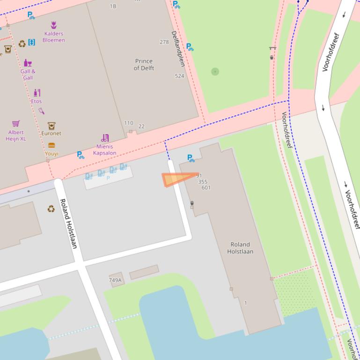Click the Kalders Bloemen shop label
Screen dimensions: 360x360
coord(53,37)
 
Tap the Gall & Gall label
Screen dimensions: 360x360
coord(28,74)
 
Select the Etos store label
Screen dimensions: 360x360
coord(37,101)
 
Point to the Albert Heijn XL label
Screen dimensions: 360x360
coord(15,136)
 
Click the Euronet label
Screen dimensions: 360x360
coord(51,133)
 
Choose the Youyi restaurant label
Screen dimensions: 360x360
coord(51,153)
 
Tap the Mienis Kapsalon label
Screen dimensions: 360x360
coord(104,150)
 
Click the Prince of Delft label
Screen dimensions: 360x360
coord(144,65)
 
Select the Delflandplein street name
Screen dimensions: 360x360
coord(177,49)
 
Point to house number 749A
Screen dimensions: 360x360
coord(115,280)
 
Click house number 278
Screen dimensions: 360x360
coord(164,42)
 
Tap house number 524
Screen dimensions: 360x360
coord(179,76)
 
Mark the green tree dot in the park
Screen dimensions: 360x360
coord(215,72)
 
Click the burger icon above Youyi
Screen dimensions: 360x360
coord(51,145)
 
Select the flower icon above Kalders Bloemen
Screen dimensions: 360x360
coord(53,25)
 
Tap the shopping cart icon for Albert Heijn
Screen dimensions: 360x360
coord(16,123)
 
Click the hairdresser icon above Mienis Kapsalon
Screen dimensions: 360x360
coord(105,138)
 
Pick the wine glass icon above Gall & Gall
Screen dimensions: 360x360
coord(28,63)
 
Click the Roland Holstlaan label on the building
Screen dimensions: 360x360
coord(240,248)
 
